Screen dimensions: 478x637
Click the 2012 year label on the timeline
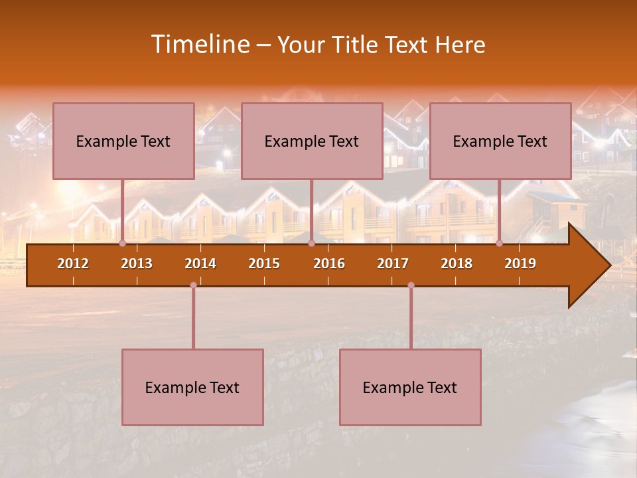pyautogui.click(x=73, y=264)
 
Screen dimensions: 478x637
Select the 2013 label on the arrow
pyautogui.click(x=137, y=264)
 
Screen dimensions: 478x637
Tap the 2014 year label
pyautogui.click(x=200, y=264)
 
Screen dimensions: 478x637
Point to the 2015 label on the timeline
pyautogui.click(x=264, y=264)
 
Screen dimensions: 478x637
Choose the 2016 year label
pyautogui.click(x=329, y=264)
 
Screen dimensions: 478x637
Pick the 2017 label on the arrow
pyautogui.click(x=393, y=264)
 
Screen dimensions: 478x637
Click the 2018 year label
pyautogui.click(x=457, y=264)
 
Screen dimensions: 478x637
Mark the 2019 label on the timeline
pyautogui.click(x=520, y=264)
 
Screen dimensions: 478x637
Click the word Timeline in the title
pyautogui.click(x=199, y=44)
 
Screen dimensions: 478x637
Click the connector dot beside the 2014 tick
pyautogui.click(x=193, y=285)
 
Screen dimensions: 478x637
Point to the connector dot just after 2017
pyautogui.click(x=411, y=285)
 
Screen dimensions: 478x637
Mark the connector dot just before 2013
pyautogui.click(x=122, y=244)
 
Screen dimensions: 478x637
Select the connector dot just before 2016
pyautogui.click(x=311, y=244)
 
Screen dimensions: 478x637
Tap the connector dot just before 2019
pyautogui.click(x=500, y=244)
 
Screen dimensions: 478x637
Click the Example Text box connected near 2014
pyautogui.click(x=192, y=387)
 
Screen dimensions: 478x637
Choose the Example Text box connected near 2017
pyautogui.click(x=410, y=387)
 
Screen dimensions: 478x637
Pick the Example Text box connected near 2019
pyautogui.click(x=500, y=141)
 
